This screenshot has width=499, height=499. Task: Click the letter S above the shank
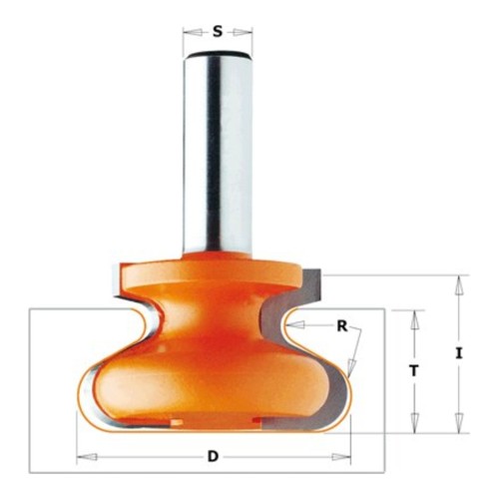(x=218, y=32)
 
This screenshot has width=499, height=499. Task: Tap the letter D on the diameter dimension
(x=213, y=456)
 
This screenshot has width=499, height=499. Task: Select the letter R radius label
(x=342, y=326)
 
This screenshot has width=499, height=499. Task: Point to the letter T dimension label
(x=413, y=370)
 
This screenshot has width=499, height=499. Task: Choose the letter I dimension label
(x=459, y=353)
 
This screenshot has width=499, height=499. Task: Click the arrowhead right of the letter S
(x=243, y=32)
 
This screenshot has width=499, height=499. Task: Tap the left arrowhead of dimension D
(x=87, y=457)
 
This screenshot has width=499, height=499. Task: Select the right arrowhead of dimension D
(x=340, y=457)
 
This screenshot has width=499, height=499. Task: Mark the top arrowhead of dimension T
(x=414, y=319)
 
